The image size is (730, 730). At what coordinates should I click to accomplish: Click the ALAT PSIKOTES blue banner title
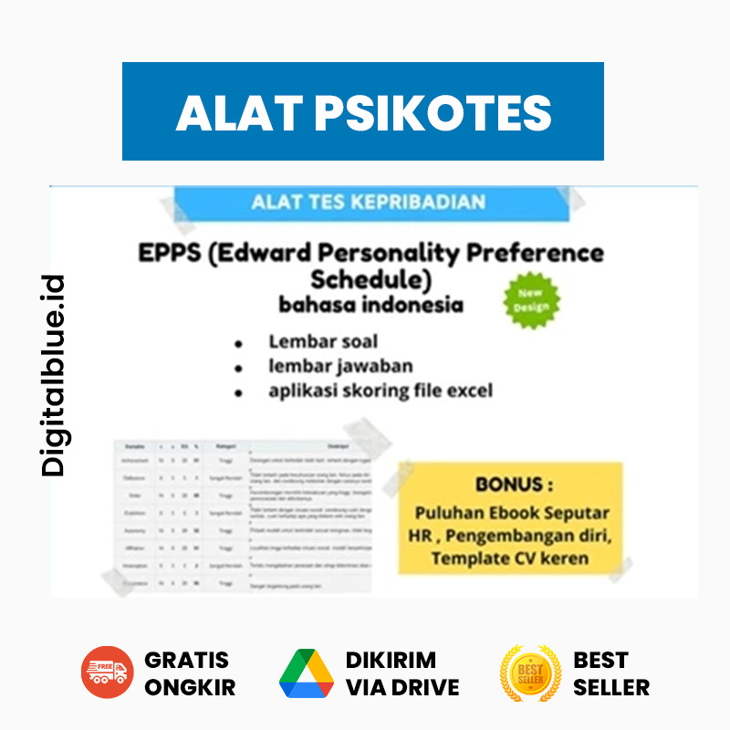pos(363,111)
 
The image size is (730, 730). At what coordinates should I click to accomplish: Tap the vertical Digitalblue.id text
pos(55,375)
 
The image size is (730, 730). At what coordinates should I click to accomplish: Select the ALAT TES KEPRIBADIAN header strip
pos(368,202)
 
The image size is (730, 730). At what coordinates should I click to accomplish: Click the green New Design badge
pos(532,300)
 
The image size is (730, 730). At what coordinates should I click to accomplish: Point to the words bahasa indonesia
pos(370,304)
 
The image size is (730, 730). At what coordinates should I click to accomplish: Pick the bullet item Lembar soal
pos(323,342)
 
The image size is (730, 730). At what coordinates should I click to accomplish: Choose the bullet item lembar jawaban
pos(340,366)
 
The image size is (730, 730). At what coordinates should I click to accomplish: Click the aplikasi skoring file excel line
pos(380,391)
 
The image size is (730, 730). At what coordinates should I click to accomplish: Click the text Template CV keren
pos(510,558)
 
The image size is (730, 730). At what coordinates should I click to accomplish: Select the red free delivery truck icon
pos(107,673)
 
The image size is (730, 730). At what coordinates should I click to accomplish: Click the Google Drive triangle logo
pos(307,673)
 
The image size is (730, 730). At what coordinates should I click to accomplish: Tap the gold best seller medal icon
pos(530,673)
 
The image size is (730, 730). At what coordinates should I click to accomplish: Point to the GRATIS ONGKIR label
pos(190,673)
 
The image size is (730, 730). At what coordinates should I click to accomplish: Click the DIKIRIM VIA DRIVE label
pos(402,673)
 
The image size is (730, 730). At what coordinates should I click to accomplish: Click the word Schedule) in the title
pos(370,278)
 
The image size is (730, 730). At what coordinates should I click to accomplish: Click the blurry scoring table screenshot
pos(242,516)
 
